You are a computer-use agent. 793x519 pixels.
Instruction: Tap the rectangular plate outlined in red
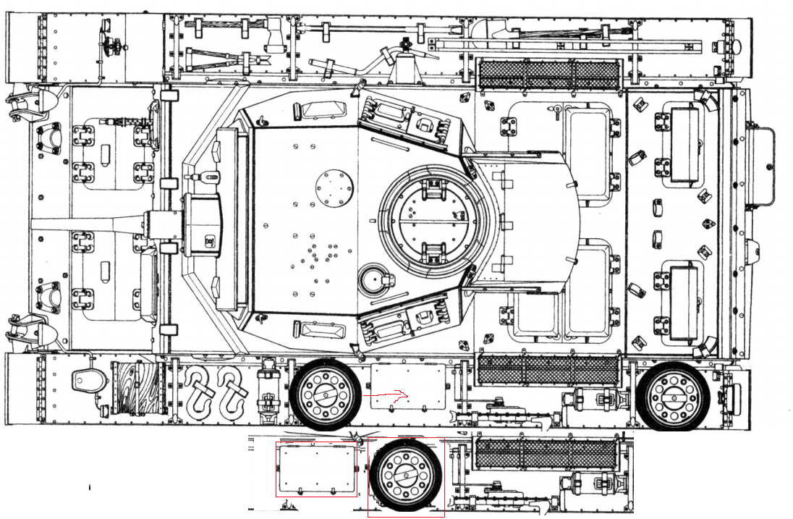tap(316, 469)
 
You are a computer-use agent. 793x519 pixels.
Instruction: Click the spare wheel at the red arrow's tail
tap(325, 394)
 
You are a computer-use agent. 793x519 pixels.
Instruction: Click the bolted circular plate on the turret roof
tap(333, 187)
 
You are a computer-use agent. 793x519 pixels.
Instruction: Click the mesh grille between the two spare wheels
tap(549, 370)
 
